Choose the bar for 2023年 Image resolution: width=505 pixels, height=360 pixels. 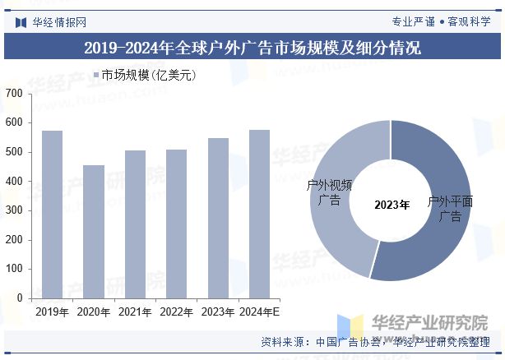click(x=218, y=218)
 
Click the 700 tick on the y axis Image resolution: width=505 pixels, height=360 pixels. click(x=13, y=94)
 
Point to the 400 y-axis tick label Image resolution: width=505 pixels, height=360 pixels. click(x=13, y=182)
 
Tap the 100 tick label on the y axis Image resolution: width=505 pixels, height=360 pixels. click(x=13, y=269)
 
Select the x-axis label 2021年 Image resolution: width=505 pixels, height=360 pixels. click(x=135, y=312)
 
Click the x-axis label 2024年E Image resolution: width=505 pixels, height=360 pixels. click(x=259, y=312)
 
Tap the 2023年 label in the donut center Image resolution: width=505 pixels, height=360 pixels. click(x=391, y=205)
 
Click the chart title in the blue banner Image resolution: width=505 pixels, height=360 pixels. click(x=252, y=48)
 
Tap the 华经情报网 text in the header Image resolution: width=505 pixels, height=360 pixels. click(x=59, y=22)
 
